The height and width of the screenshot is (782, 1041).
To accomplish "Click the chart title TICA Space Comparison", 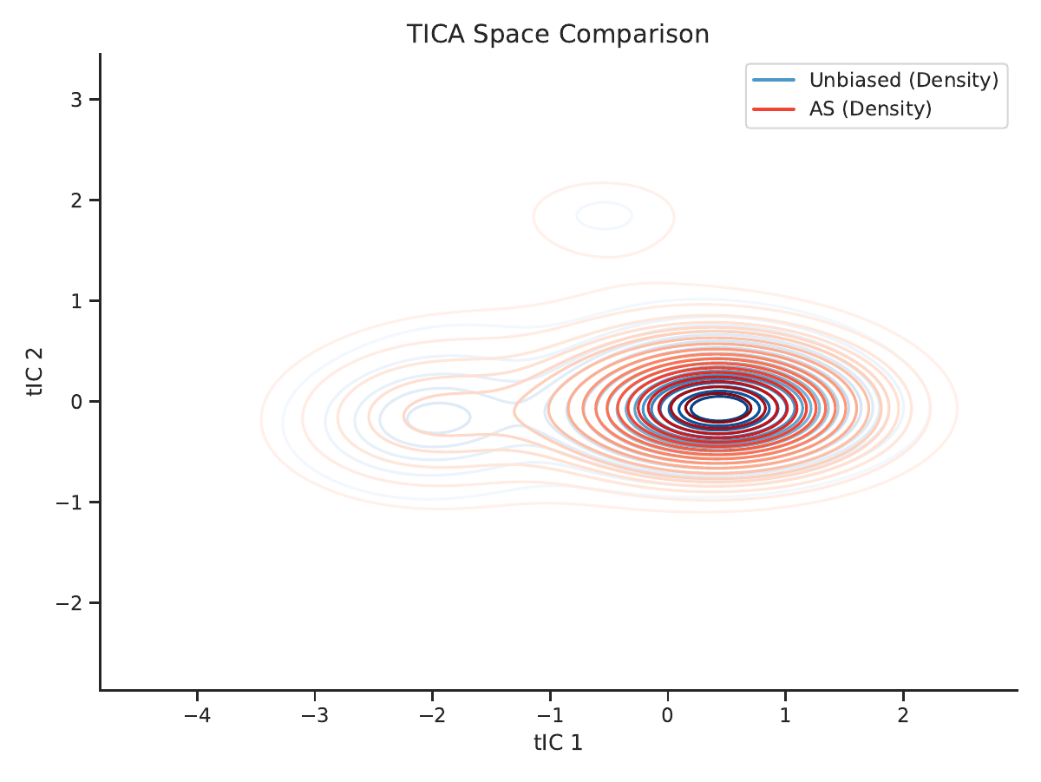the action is pos(558,34).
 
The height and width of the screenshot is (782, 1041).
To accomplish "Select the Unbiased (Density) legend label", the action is pos(904,80).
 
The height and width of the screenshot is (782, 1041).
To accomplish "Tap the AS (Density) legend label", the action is pos(870,108).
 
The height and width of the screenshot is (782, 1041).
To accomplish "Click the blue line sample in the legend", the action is pos(774,80).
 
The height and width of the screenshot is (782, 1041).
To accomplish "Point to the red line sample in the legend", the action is pos(774,109).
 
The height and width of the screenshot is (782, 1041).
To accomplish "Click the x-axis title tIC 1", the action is pos(558,743).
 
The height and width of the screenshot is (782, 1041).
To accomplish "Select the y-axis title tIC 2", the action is pos(35,372).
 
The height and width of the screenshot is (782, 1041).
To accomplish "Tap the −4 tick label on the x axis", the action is pos(197,715).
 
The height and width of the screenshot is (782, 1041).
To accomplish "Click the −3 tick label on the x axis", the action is pos(314,715).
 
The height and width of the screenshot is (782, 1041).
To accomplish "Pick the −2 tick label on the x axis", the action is pos(432,715).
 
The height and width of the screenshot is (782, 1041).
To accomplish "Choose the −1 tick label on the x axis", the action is pos(550,715).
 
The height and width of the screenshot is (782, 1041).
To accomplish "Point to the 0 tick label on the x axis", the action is pos(667,715).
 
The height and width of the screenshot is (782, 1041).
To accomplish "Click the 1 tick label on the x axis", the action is pos(785,715).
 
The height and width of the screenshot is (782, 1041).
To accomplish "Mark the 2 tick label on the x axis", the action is pos(903,715).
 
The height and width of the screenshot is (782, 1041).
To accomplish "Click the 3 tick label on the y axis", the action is pos(76,100).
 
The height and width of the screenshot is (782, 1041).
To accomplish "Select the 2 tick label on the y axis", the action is pos(76,200).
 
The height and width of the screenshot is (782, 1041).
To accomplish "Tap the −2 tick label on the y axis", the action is pos(69,603).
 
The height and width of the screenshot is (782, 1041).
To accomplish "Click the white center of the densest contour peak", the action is pos(719,408).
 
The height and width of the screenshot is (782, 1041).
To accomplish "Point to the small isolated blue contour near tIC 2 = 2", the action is pos(604,215).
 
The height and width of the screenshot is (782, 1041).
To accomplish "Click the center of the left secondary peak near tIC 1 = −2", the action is pos(437,417).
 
